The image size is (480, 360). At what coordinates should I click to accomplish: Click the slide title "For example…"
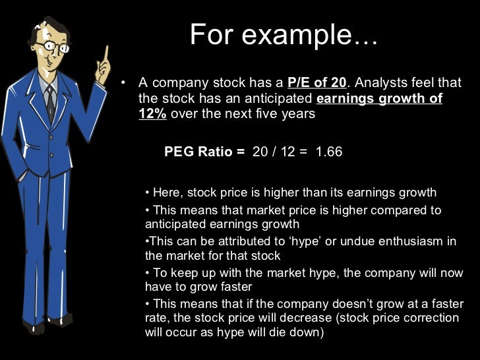point(284,34)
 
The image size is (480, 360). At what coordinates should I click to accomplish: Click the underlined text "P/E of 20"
point(317,84)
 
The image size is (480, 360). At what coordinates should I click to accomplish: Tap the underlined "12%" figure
point(153,113)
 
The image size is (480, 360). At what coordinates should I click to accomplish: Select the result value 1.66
point(329,152)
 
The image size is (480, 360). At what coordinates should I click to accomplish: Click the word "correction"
point(427,318)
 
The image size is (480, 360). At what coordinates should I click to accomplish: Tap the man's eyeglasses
point(53,47)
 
